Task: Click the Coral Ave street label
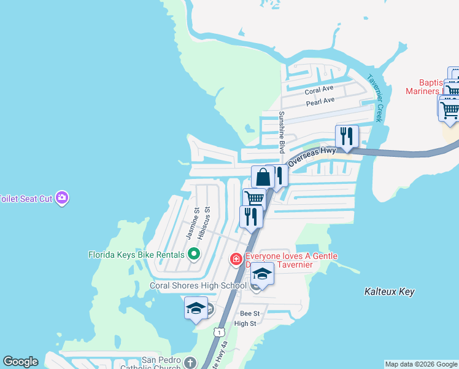pyautogui.click(x=319, y=90)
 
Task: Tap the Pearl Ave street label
pyautogui.click(x=320, y=100)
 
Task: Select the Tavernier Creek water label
pyautogui.click(x=375, y=98)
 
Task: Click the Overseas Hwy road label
pyautogui.click(x=312, y=158)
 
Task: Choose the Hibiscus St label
pyautogui.click(x=207, y=218)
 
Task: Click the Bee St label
pyautogui.click(x=250, y=314)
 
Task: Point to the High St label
pyautogui.click(x=245, y=323)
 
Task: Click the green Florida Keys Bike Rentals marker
pyautogui.click(x=194, y=254)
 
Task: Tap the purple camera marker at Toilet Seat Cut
pyautogui.click(x=61, y=198)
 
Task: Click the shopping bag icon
pyautogui.click(x=263, y=177)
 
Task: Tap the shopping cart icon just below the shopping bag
pyautogui.click(x=254, y=198)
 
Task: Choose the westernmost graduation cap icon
pyautogui.click(x=196, y=307)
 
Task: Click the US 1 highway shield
pyautogui.click(x=218, y=332)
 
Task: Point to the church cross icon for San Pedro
pyautogui.click(x=190, y=363)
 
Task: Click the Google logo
pyautogui.click(x=20, y=362)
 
